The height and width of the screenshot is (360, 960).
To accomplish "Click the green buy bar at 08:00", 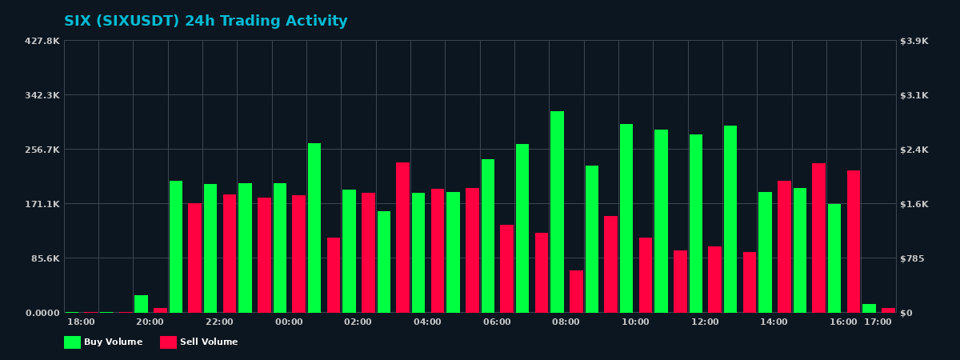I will tap(557, 212).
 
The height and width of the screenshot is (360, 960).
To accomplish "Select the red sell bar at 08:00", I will tap(576, 291).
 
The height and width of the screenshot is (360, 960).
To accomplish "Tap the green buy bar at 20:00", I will tap(141, 304).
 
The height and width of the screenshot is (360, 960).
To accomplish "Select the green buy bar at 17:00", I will tap(869, 308).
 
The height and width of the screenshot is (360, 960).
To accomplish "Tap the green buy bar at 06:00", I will tap(488, 236).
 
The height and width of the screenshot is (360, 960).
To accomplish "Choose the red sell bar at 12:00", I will tap(714, 279).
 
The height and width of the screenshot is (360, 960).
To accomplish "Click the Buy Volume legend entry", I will tap(103, 342).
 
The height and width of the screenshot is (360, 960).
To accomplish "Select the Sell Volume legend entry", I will tap(199, 342).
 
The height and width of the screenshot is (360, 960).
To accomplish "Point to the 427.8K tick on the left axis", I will tap(42, 41).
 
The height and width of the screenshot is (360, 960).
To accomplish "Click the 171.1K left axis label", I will tap(42, 204).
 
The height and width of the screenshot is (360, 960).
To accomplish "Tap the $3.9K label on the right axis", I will tap(914, 41).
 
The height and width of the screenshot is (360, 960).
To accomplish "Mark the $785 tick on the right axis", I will tap(913, 258).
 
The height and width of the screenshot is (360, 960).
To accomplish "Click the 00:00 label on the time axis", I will tap(289, 322).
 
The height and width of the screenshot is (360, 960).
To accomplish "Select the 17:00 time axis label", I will tap(878, 322).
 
